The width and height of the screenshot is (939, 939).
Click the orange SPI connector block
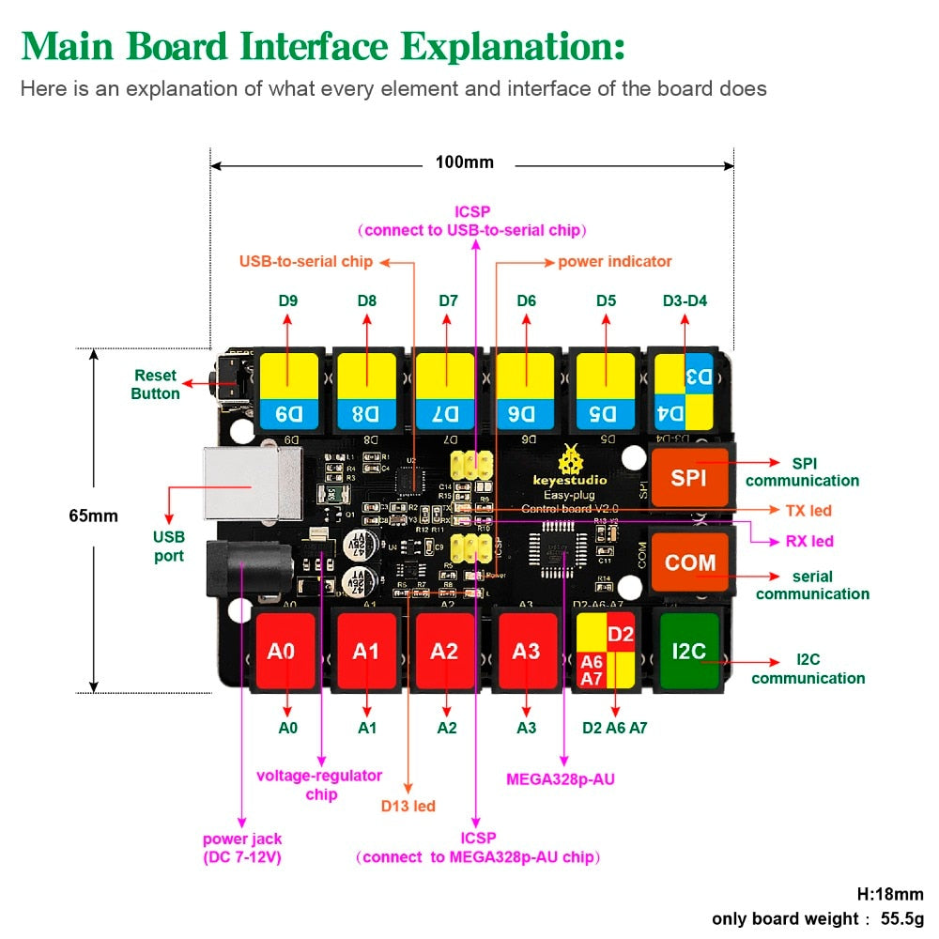tap(690, 476)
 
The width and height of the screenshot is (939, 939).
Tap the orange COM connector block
tap(690, 562)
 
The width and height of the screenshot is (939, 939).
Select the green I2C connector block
tap(689, 649)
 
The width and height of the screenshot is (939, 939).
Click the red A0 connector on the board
tap(282, 651)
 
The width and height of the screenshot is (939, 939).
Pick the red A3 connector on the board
tap(527, 651)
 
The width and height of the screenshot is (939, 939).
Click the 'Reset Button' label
tap(155, 385)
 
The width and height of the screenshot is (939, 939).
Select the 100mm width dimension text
tap(465, 162)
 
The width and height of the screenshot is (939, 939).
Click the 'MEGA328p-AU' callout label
tap(561, 778)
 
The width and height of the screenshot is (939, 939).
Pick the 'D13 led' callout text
tap(408, 806)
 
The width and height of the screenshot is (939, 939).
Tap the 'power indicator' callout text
tap(615, 262)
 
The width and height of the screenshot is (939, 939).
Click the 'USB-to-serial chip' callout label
tap(306, 262)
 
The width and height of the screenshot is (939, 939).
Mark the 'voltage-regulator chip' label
tap(319, 785)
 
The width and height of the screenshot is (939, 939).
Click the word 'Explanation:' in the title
tap(514, 46)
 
